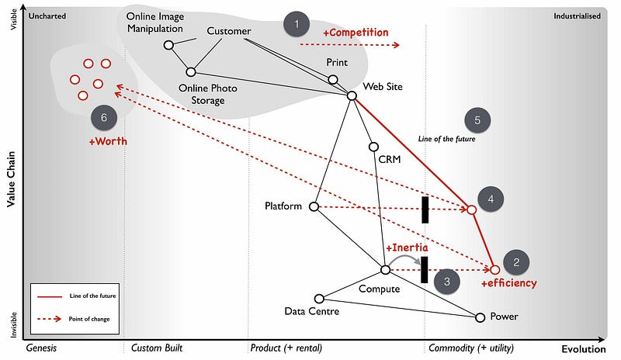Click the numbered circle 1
click(296, 25)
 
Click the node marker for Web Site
click(351, 95)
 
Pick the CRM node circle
click(373, 147)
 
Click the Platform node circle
click(314, 206)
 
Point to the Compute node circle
click(385, 269)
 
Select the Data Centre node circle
click(319, 298)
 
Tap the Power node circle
click(480, 317)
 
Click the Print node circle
click(333, 79)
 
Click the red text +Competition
click(356, 33)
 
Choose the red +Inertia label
click(408, 248)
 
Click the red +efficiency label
click(508, 283)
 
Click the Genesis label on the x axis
click(42, 348)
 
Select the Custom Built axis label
click(157, 348)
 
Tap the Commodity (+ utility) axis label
click(471, 348)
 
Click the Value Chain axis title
click(12, 178)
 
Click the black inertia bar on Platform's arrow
click(425, 209)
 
